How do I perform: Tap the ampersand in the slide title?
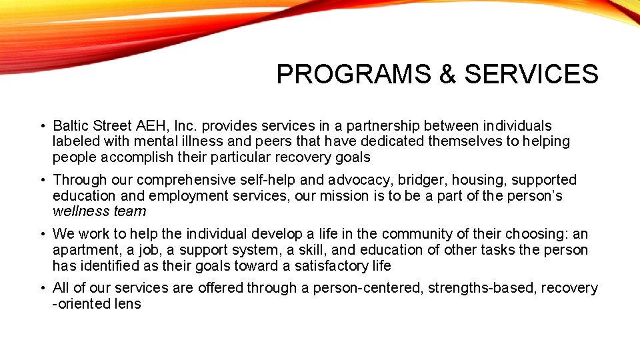[x=447, y=74]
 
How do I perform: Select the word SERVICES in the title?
[x=531, y=74]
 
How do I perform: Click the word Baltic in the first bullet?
[x=71, y=126]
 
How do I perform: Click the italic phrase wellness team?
[x=99, y=211]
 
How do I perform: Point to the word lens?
[x=127, y=304]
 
